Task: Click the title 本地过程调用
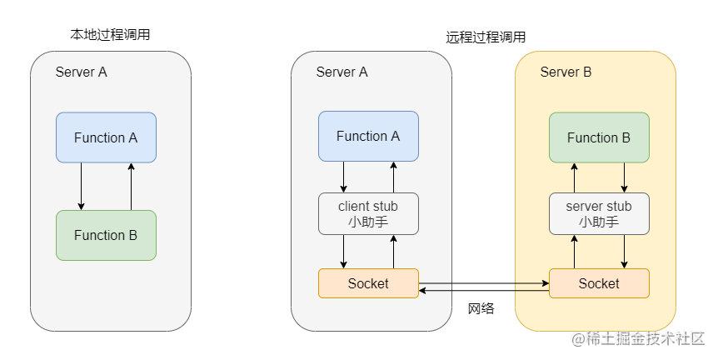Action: tap(110, 34)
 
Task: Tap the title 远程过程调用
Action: tap(486, 37)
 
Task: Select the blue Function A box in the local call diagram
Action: tap(107, 137)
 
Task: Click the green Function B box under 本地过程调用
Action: tap(107, 236)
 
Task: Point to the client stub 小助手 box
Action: tap(369, 214)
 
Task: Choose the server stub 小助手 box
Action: tap(600, 214)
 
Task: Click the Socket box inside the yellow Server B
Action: tap(600, 283)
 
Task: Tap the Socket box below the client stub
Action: tap(369, 283)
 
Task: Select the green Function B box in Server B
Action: tap(600, 137)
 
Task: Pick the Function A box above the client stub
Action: tap(369, 136)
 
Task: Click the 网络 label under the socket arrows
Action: tap(481, 308)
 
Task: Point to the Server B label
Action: tap(566, 72)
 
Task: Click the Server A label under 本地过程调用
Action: tap(81, 72)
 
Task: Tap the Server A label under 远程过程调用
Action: tap(342, 72)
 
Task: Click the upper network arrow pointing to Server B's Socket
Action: tap(484, 283)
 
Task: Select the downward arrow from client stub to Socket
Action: tap(343, 252)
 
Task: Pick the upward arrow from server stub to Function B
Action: tap(574, 177)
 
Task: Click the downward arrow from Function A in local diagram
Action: tap(82, 187)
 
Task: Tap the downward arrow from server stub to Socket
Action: tap(624, 252)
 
